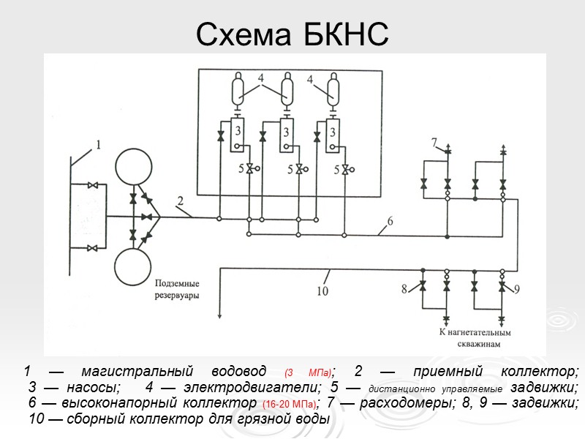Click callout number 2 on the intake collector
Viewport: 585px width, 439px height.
(180, 200)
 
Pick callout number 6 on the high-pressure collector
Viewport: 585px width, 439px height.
(390, 220)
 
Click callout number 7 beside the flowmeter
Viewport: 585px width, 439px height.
(434, 141)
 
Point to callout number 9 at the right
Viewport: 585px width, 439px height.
(516, 290)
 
